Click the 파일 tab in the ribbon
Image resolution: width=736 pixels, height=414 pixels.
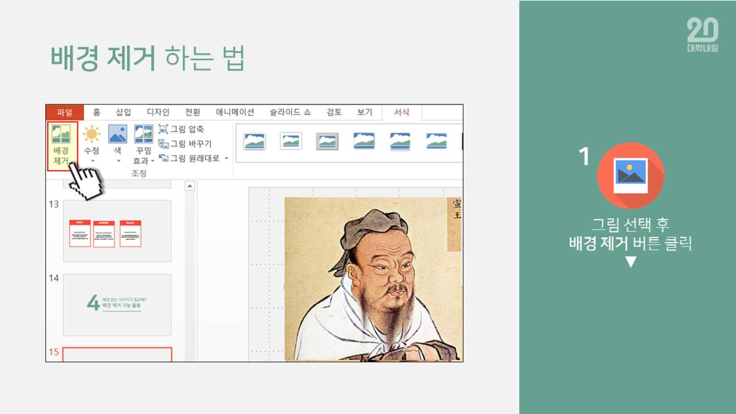(64, 112)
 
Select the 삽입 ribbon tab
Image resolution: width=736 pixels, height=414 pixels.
(123, 112)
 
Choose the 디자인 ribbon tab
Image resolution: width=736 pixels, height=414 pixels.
(158, 112)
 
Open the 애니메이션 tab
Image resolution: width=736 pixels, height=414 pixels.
(235, 112)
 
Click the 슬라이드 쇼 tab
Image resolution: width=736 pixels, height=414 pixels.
(290, 112)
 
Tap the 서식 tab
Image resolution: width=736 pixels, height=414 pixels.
(402, 112)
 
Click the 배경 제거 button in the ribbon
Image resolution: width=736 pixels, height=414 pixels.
(61, 147)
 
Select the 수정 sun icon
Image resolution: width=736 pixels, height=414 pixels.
(91, 134)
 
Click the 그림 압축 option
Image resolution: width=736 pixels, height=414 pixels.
(182, 129)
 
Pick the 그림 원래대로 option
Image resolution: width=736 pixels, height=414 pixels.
(192, 158)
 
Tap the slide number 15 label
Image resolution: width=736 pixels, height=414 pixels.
(54, 351)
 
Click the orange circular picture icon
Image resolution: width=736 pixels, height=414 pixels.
(631, 175)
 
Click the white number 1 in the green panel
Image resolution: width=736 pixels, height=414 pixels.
(585, 158)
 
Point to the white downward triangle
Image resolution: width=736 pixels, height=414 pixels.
(631, 263)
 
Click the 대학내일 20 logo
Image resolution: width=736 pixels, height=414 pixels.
(702, 35)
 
